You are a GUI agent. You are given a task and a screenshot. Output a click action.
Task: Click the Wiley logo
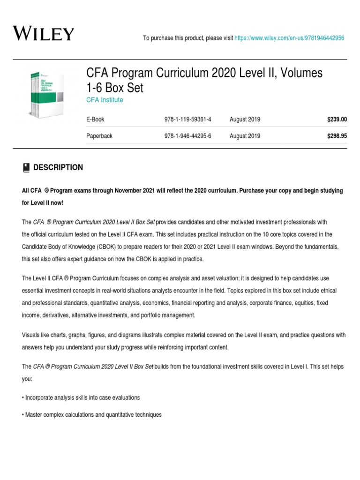coord(43,34)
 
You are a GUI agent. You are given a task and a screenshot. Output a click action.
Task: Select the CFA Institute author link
coord(105,100)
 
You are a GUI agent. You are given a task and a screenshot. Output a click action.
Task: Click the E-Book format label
coord(95,120)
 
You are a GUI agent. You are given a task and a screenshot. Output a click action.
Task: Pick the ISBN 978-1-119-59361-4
coord(185,120)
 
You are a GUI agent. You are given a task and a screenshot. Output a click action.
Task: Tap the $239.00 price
coord(337,120)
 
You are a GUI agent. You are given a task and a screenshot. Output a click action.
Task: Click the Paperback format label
coord(99,136)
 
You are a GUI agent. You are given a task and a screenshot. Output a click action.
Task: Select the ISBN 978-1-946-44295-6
coord(185,136)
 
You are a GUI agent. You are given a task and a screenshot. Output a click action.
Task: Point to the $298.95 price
coord(337,136)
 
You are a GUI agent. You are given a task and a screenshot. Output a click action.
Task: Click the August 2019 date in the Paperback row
coord(245,136)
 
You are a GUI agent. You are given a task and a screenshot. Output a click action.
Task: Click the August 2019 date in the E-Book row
coord(245,120)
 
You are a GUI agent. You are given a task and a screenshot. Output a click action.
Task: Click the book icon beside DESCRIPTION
coord(26,167)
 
